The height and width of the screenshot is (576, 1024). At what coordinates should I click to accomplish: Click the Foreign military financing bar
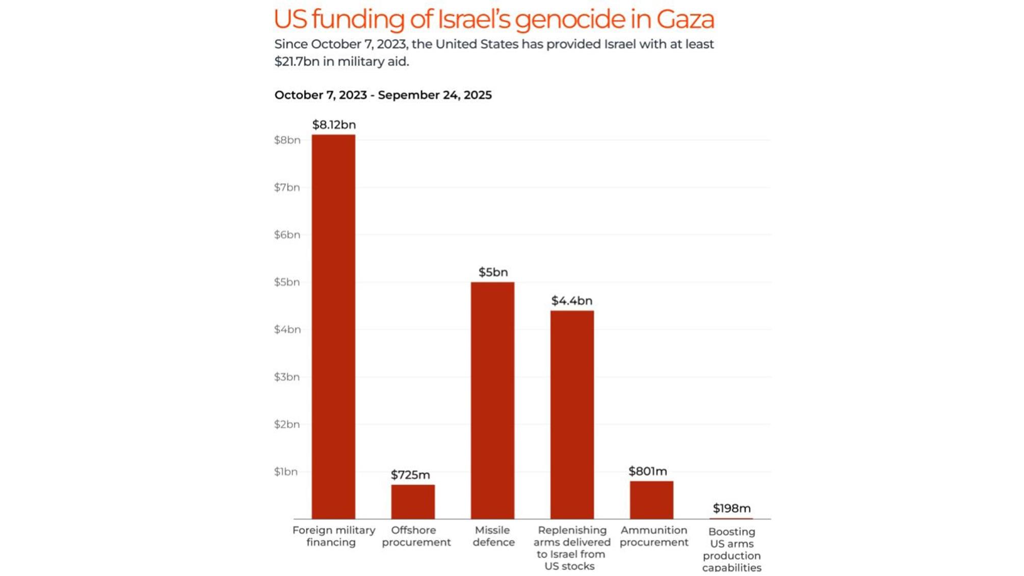tap(333, 326)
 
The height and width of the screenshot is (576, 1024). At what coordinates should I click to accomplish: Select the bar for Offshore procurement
tap(413, 502)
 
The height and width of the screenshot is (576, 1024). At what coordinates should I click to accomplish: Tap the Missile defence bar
tap(492, 400)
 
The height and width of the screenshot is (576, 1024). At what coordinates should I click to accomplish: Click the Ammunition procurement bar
tap(651, 500)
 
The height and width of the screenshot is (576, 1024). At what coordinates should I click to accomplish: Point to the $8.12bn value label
tap(334, 125)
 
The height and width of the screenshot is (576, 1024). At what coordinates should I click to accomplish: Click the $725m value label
tap(410, 475)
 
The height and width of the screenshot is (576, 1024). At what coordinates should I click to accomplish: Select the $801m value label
tap(647, 472)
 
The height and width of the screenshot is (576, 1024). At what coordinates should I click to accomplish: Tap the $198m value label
tap(731, 508)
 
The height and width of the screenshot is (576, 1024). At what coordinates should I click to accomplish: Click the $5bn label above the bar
tap(493, 272)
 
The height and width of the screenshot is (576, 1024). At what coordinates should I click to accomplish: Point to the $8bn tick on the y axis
tap(287, 140)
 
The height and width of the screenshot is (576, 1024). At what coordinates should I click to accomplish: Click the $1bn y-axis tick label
tap(286, 472)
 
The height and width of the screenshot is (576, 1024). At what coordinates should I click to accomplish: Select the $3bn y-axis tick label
tap(287, 377)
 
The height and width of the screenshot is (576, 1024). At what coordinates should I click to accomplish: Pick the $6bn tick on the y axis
tap(287, 235)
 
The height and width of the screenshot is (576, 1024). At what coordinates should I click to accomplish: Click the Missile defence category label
tap(493, 536)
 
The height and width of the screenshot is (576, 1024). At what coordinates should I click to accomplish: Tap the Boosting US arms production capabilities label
tap(731, 549)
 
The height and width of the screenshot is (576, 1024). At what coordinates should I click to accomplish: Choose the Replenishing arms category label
tap(572, 548)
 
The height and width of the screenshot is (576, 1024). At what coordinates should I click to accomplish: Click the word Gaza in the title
tap(685, 19)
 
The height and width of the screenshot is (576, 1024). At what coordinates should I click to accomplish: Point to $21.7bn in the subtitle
tap(297, 62)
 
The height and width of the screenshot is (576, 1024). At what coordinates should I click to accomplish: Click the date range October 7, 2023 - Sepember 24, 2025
tap(383, 95)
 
